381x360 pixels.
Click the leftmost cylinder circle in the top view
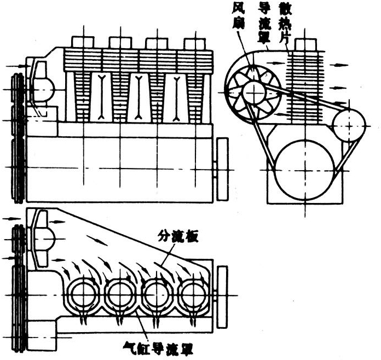click(83, 295)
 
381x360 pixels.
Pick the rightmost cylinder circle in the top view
click(194, 295)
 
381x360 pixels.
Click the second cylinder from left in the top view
click(120, 295)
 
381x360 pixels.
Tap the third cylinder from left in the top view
click(157, 295)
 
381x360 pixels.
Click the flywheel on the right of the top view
click(222, 295)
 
